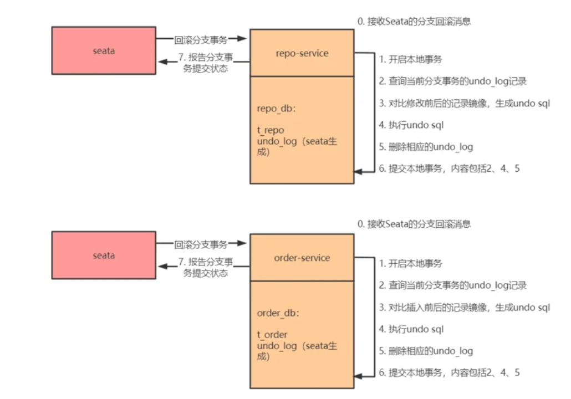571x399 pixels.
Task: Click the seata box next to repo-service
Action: coord(104,51)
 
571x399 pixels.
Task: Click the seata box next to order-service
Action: coord(104,255)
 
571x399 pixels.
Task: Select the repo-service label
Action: coord(302,53)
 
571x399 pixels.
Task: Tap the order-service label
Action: coord(302,258)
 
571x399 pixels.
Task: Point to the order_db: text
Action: coord(278,313)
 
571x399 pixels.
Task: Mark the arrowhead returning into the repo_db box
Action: coord(358,171)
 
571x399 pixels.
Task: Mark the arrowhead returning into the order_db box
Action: coord(358,375)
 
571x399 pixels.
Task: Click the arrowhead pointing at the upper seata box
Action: coord(162,62)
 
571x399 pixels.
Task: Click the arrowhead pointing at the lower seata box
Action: coord(162,267)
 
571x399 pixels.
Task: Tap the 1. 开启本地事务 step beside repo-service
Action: coord(410,59)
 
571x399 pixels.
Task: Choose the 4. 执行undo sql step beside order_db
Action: coord(411,329)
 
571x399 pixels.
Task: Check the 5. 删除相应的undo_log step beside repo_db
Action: coord(426,147)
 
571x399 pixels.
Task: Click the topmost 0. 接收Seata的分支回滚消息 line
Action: coord(414,22)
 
